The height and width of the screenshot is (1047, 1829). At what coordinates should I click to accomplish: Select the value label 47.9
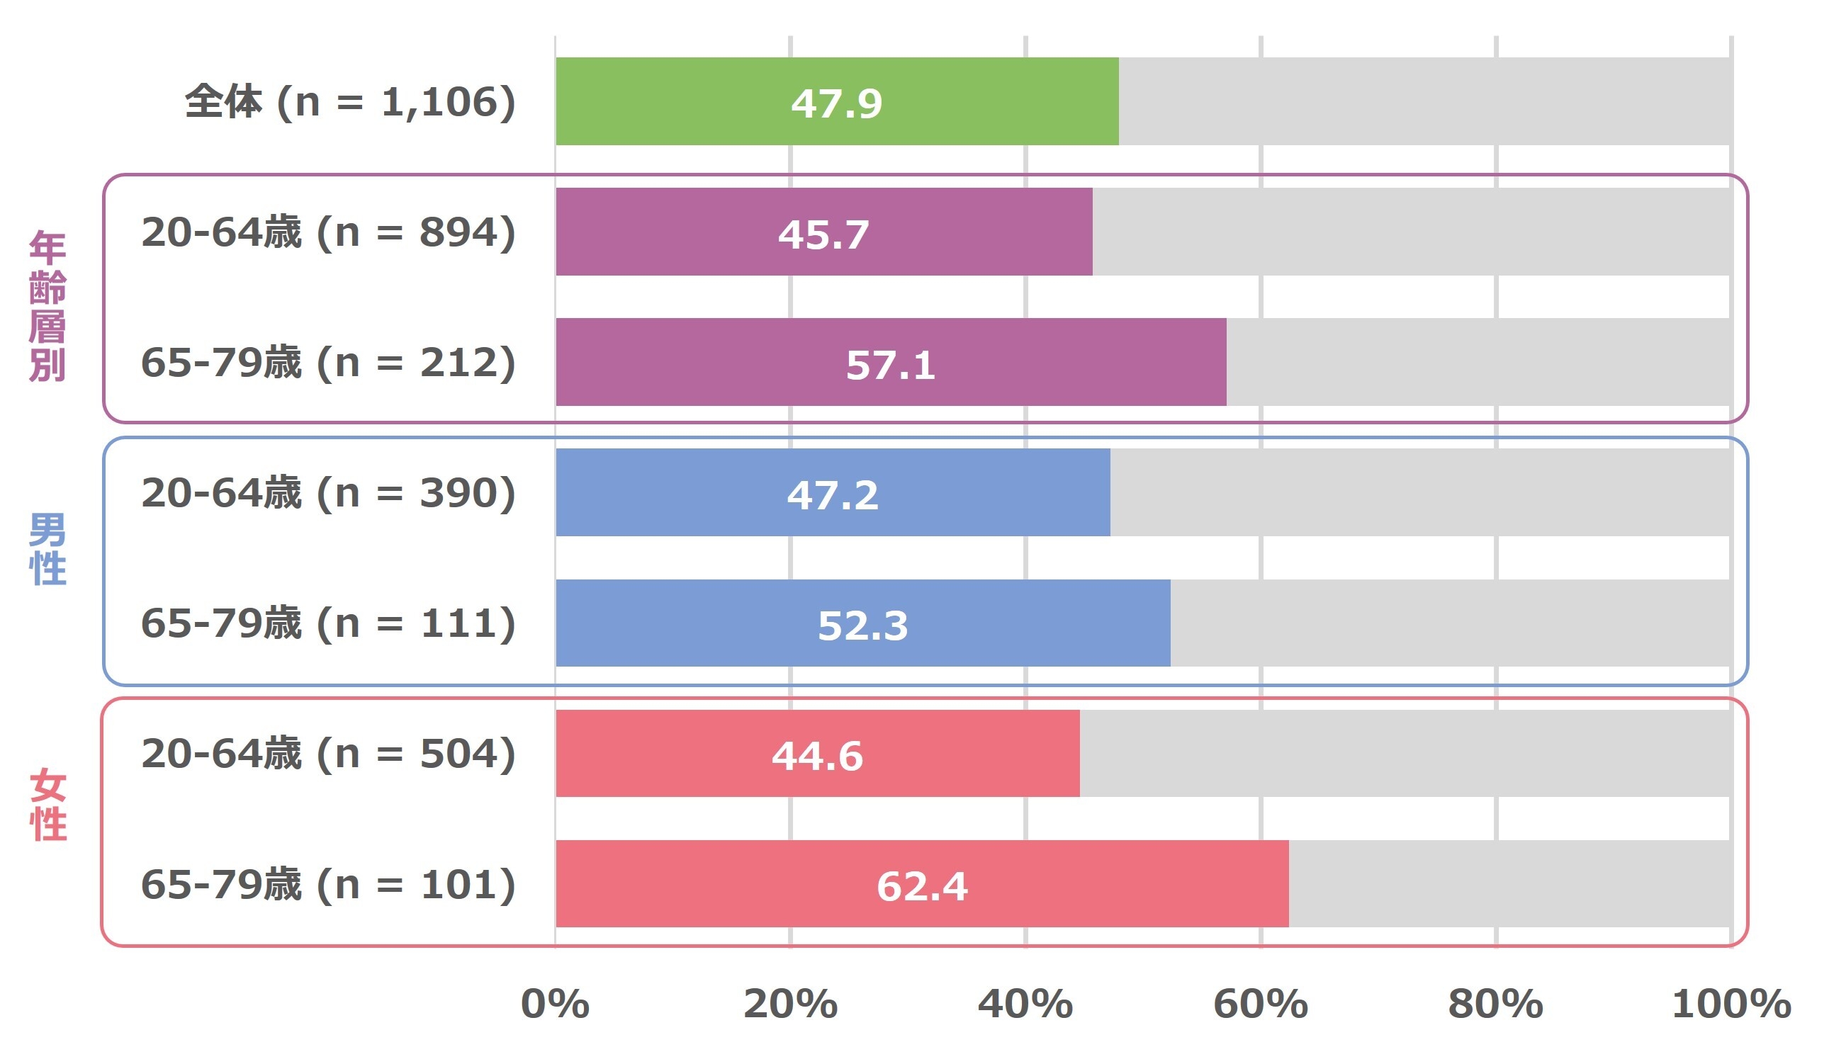(836, 103)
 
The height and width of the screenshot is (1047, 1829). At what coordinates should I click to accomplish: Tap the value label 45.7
(823, 234)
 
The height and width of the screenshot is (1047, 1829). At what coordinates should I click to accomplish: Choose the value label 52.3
(862, 625)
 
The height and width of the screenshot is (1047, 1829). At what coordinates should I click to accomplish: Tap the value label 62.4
(922, 886)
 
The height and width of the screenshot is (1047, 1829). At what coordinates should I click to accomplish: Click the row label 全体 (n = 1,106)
(350, 101)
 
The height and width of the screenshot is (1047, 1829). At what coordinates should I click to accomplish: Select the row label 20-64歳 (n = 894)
(329, 232)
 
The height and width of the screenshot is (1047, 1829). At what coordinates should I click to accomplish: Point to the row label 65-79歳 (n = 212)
(329, 363)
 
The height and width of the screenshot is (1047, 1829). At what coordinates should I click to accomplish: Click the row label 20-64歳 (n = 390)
(329, 493)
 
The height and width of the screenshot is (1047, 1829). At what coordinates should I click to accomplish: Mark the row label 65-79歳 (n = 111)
(329, 623)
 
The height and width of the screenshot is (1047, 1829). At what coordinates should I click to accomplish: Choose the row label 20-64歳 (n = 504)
(329, 754)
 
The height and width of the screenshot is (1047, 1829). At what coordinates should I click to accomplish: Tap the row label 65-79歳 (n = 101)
(329, 885)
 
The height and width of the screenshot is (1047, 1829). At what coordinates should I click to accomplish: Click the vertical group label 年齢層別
(47, 305)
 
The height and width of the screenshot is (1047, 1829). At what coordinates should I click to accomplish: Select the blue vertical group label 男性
(47, 550)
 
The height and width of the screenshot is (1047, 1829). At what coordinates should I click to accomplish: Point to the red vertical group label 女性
(47, 805)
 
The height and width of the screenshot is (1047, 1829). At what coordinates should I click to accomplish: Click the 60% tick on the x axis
(1260, 1004)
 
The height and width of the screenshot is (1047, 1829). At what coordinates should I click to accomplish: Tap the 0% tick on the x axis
(555, 1004)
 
